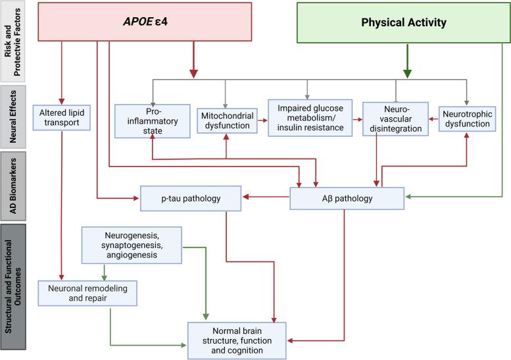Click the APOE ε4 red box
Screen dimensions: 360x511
(x=155, y=22)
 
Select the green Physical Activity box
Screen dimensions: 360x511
(x=403, y=22)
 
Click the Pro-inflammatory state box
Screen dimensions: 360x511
(x=153, y=119)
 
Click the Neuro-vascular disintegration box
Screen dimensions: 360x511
(x=395, y=119)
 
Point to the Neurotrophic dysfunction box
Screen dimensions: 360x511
(x=466, y=118)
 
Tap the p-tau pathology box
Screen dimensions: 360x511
(x=190, y=197)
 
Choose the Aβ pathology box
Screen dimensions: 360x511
(x=347, y=197)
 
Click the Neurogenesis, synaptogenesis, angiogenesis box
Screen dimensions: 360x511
(x=132, y=245)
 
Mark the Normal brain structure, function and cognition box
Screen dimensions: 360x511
(x=237, y=340)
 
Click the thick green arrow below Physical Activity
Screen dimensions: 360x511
(x=408, y=62)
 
